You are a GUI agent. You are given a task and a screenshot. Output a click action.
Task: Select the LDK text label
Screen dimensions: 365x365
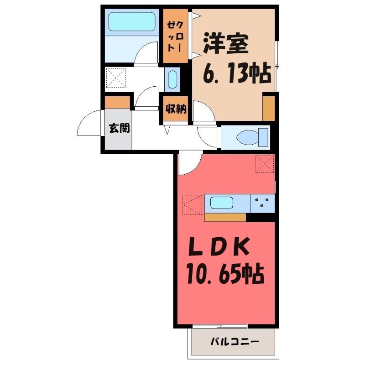pos(219,249)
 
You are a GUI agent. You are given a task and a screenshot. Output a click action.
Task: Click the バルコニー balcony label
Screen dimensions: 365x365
pos(235,341)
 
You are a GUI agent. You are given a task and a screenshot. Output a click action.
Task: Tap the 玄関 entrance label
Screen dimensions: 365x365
pos(119,128)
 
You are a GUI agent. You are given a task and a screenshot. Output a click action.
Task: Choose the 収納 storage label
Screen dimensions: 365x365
pos(176,109)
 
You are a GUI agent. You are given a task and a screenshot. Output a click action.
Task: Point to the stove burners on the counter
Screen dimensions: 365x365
pos(262,202)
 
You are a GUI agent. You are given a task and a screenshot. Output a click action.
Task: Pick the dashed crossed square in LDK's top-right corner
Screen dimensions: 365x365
pos(265,164)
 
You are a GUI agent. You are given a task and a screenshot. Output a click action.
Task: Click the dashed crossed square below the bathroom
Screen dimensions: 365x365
pos(116,78)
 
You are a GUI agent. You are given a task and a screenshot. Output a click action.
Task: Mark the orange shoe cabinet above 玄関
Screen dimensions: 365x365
pos(117,103)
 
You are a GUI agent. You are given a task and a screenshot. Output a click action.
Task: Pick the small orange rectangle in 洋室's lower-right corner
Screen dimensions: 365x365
pos(269,108)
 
